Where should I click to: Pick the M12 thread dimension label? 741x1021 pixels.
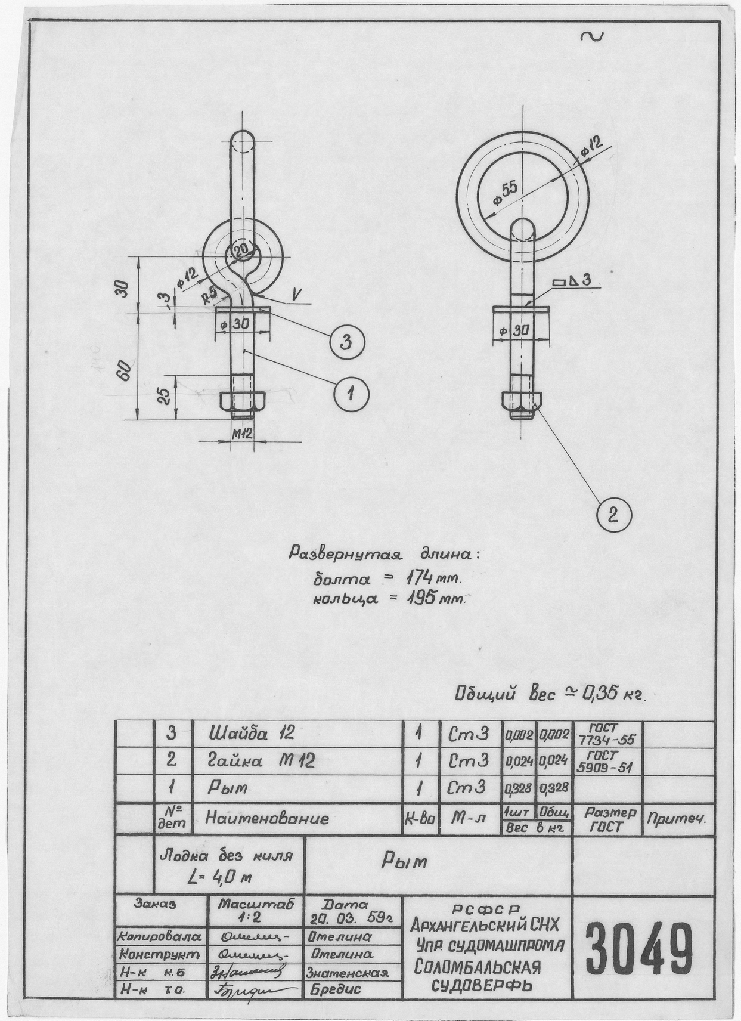point(241,434)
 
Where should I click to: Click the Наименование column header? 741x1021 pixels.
point(267,818)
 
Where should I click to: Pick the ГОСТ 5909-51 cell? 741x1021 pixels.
point(606,760)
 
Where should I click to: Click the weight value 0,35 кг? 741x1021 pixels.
point(613,694)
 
